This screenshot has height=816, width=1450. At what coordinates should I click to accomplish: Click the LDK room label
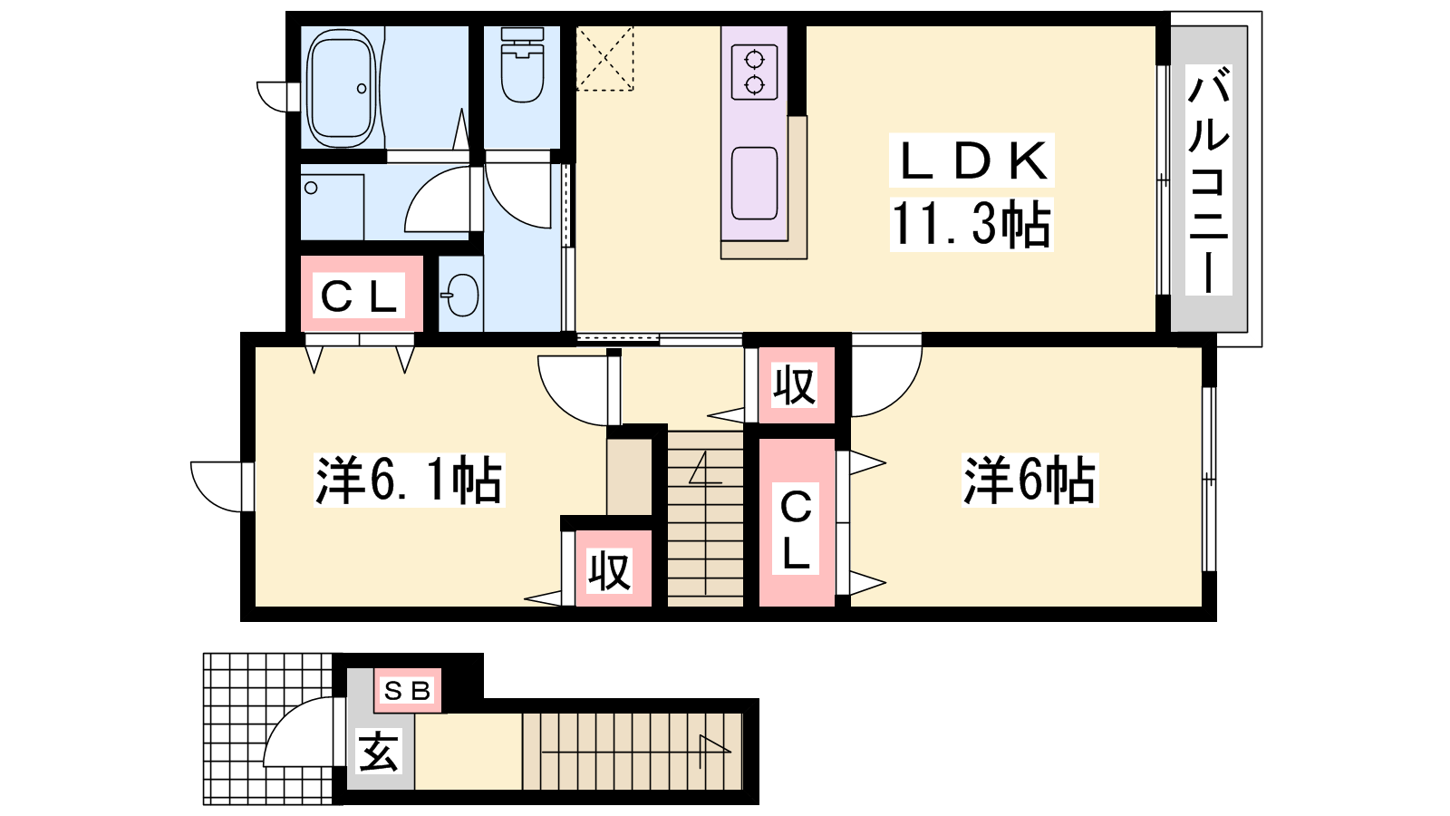point(971,160)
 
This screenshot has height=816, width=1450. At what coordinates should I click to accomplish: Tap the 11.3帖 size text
point(971,224)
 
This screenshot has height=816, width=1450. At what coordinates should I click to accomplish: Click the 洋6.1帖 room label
point(409,480)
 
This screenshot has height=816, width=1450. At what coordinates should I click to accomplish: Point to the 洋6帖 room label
point(1029,480)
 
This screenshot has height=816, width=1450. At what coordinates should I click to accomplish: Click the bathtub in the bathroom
point(341,87)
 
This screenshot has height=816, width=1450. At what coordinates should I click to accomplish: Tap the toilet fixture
point(522,64)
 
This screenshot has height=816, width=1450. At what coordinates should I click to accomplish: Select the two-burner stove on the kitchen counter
point(754,72)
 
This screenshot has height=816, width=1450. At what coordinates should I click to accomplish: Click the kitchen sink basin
point(754,183)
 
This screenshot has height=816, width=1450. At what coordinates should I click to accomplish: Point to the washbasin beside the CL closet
point(461,296)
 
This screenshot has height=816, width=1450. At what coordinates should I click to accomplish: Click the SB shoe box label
point(407,691)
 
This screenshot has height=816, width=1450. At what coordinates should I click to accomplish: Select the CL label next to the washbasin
point(359,296)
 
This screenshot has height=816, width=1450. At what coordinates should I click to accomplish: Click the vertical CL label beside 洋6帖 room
point(796,529)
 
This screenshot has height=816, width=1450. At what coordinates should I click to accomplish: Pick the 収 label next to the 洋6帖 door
point(794,385)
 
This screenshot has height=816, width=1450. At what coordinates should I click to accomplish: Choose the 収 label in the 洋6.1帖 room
point(609,571)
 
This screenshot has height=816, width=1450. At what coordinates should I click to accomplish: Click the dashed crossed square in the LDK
point(604,58)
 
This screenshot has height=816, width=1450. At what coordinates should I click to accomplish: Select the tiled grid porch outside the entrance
point(268,729)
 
